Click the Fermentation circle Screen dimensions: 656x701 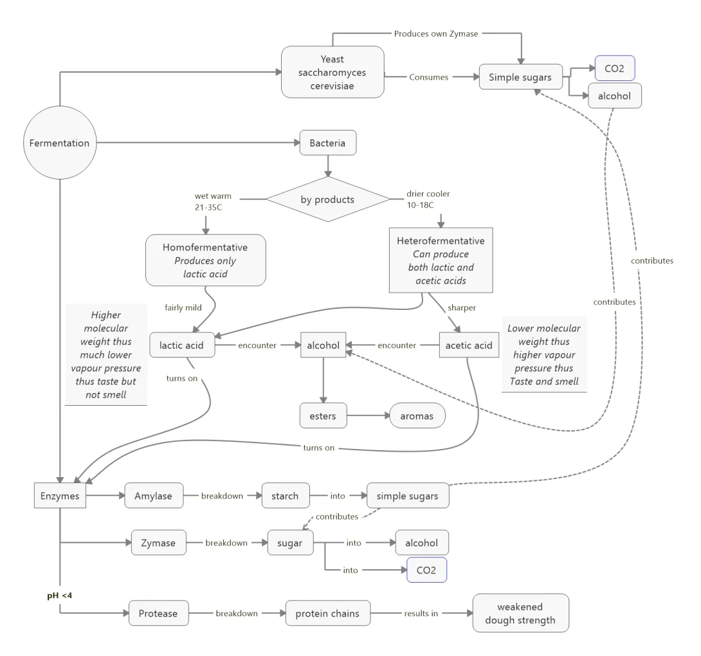(59, 143)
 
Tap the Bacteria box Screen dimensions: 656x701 (328, 143)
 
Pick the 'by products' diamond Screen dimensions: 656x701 (327, 199)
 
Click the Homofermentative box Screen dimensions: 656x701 (205, 260)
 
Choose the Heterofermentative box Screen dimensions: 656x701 (441, 259)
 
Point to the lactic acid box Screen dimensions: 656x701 (181, 345)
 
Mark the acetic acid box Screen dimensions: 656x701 (469, 345)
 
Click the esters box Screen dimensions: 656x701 (323, 415)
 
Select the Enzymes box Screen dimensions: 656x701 (59, 496)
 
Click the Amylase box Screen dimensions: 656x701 (154, 496)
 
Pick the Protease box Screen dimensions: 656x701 (158, 613)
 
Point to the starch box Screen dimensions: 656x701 (285, 496)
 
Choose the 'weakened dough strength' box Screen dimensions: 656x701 (520, 614)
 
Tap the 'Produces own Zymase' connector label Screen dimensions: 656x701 (435, 33)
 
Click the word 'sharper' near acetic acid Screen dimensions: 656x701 (462, 307)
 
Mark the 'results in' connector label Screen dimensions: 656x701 (421, 613)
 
